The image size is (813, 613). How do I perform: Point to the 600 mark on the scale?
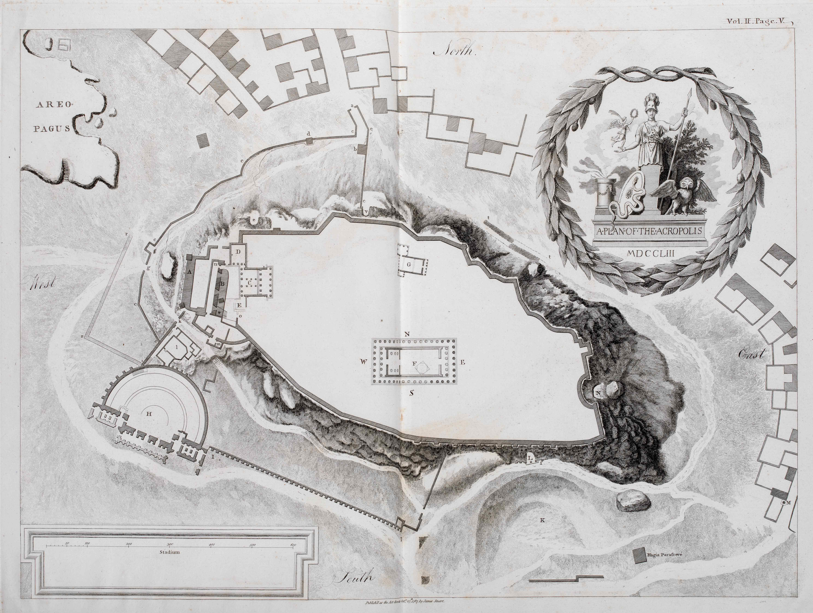click(x=293, y=545)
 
